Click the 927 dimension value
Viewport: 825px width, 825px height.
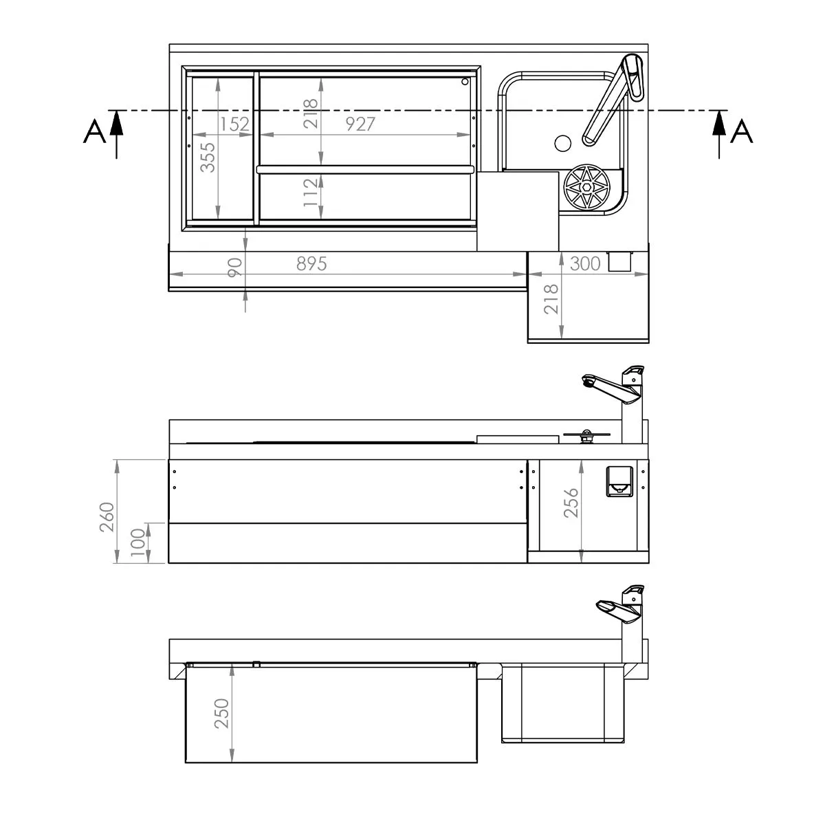click(x=360, y=124)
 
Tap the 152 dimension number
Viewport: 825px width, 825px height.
click(x=234, y=124)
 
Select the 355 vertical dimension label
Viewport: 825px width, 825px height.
click(x=208, y=157)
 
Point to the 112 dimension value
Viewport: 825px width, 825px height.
click(x=311, y=192)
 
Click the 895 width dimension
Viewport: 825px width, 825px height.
click(x=311, y=264)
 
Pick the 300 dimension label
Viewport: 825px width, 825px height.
click(x=585, y=264)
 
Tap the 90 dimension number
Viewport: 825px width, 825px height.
click(x=234, y=267)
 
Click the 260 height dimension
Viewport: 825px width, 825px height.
click(x=107, y=517)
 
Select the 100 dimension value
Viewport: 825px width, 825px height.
click(x=138, y=542)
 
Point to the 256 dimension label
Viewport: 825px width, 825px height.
click(x=571, y=503)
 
